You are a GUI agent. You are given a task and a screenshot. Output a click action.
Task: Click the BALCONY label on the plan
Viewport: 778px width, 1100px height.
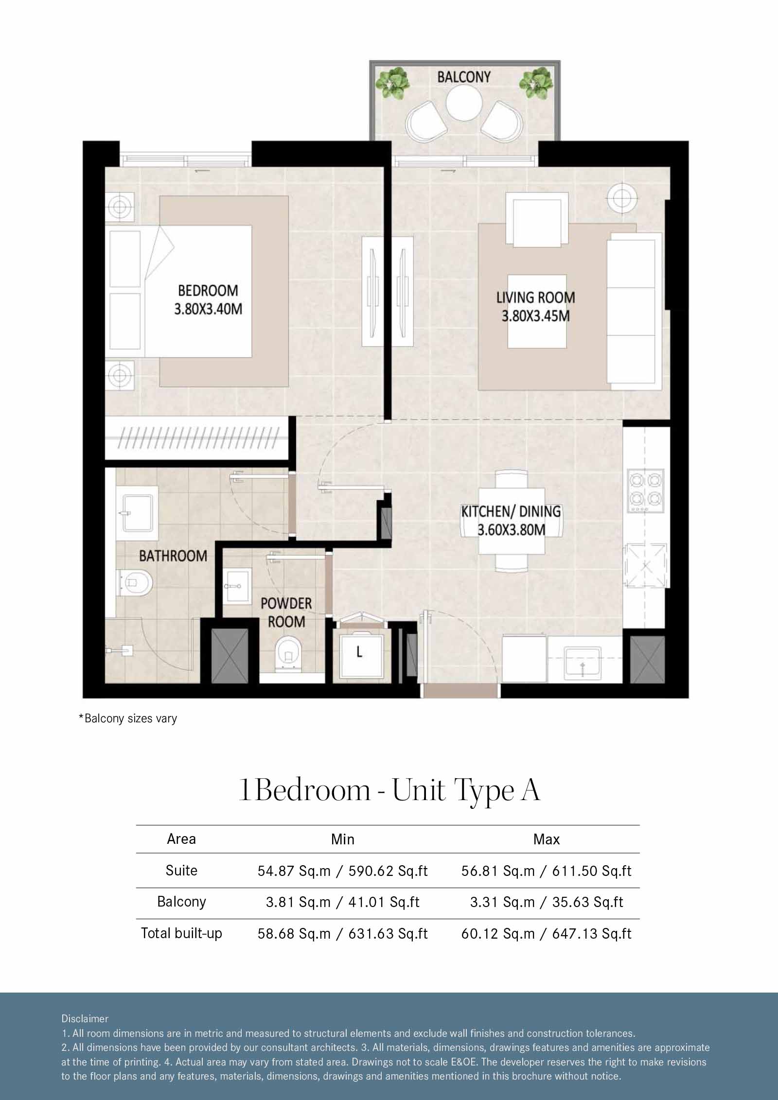tap(464, 77)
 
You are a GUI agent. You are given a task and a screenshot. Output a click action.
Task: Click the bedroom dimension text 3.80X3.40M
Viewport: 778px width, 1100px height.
tap(208, 309)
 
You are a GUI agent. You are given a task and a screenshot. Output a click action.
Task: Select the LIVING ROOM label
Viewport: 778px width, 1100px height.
tap(535, 297)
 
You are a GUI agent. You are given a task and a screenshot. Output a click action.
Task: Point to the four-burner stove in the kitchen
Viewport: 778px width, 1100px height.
tap(646, 489)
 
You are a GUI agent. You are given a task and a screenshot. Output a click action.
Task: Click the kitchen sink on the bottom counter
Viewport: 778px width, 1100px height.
tap(582, 662)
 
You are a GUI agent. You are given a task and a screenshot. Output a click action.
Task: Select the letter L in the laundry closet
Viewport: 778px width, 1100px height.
tap(359, 652)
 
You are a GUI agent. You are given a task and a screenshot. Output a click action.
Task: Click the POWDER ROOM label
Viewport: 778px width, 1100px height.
tap(286, 612)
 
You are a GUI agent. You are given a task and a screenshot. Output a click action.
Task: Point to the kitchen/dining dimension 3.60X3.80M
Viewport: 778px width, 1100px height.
tap(511, 529)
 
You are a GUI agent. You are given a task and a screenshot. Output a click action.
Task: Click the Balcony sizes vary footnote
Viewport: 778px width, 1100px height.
tap(128, 718)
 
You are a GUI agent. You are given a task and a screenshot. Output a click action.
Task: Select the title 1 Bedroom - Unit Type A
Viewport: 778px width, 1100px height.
tap(389, 790)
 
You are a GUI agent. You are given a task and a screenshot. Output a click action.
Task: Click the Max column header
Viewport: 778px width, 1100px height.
tap(546, 839)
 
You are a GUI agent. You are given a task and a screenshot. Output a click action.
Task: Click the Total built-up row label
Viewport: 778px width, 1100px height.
tap(181, 933)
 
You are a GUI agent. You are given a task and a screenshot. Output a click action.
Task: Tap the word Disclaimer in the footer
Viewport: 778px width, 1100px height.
tap(85, 1018)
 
